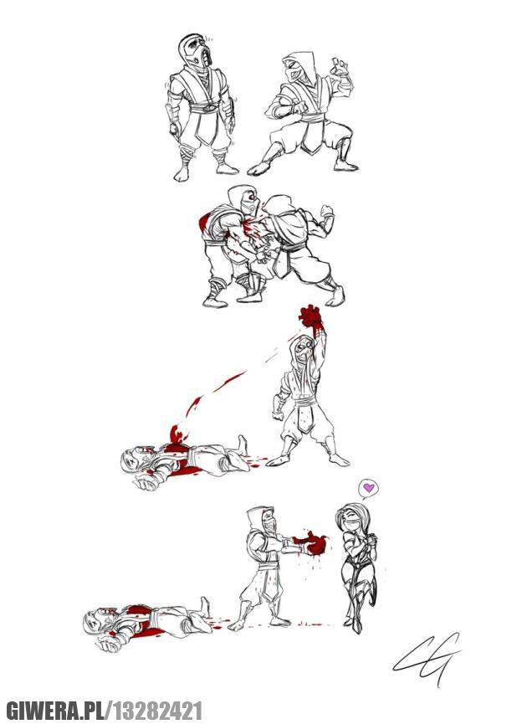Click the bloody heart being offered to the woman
coord(315,543)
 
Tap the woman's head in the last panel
coord(348,517)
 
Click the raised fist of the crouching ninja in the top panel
coord(339,67)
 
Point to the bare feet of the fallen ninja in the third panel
coord(243,444)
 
